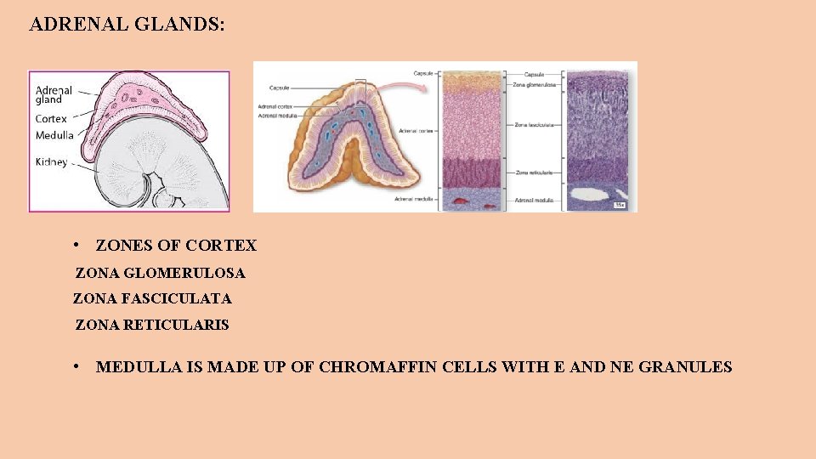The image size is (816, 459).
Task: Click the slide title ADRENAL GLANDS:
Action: click(127, 24)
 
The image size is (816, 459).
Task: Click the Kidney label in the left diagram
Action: click(52, 162)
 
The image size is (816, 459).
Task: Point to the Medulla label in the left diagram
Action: click(54, 135)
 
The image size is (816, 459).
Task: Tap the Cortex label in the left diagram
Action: click(51, 119)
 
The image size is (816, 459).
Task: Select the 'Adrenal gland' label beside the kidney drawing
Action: click(54, 93)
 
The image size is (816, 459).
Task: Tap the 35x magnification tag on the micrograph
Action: click(620, 205)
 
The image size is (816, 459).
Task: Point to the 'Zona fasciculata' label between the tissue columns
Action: click(534, 125)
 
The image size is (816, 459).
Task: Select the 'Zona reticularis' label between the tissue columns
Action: click(533, 173)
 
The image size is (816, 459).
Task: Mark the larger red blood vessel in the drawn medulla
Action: click(462, 201)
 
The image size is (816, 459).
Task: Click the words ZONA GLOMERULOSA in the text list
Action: click(160, 274)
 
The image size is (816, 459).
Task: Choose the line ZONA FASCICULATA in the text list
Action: click(152, 299)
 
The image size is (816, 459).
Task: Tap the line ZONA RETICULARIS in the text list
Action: click(152, 325)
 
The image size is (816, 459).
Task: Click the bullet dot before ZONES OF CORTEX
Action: click(76, 246)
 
